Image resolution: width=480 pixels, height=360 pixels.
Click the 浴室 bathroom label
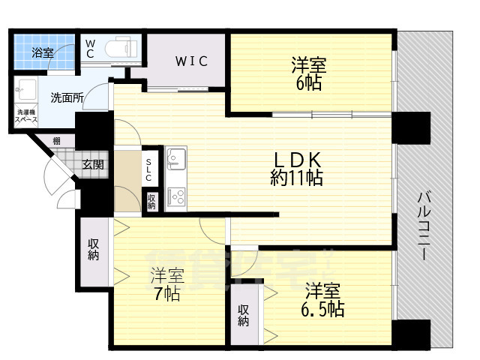43,52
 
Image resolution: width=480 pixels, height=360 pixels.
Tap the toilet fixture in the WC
121,48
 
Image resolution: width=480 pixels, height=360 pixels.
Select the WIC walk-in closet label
192,61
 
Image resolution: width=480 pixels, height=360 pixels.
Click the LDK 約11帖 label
298,169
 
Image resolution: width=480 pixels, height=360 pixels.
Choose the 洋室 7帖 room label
166,283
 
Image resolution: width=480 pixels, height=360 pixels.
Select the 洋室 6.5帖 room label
323,298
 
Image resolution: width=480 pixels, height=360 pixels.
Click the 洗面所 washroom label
67,97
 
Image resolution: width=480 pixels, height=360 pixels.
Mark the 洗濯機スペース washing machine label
22,121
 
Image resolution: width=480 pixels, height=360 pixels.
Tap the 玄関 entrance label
94,165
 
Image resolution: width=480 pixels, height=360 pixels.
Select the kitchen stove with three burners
176,195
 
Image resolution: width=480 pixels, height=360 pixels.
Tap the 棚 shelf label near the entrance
57,140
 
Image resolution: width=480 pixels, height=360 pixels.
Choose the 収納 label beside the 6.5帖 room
244,315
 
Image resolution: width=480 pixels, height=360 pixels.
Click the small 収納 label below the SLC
151,201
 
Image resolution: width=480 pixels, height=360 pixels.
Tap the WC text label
89,48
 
